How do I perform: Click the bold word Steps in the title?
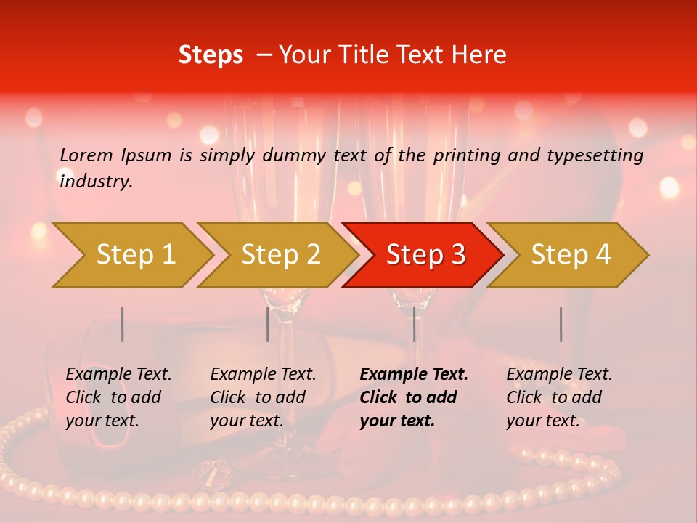point(211,55)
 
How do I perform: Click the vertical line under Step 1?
point(123,324)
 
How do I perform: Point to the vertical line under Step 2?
point(268,324)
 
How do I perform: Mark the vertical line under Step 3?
point(414,324)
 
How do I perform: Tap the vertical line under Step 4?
point(561,324)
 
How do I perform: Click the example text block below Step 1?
point(118,397)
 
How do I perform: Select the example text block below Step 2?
point(263,397)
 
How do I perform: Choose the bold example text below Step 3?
point(414,397)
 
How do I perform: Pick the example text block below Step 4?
point(559,397)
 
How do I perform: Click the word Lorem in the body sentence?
point(86,155)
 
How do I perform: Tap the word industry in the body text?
point(96,181)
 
